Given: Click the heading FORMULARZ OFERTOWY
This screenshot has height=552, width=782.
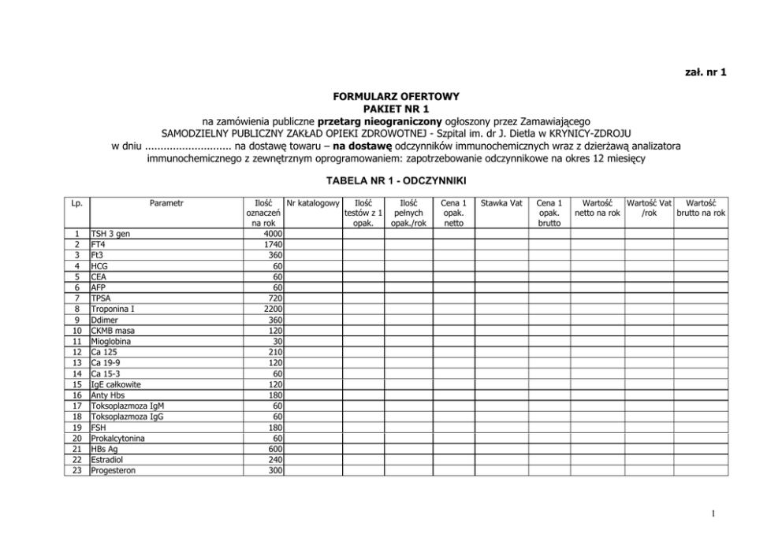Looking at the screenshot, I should (396, 97).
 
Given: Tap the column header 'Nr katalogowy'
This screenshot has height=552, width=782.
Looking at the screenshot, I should (313, 203).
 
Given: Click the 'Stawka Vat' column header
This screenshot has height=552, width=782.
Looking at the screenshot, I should (502, 203).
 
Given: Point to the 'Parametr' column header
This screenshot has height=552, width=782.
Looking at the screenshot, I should (166, 203).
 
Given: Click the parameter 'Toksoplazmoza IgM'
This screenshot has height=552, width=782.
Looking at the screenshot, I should (128, 406).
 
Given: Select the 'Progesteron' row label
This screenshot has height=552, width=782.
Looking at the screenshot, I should (115, 470).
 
